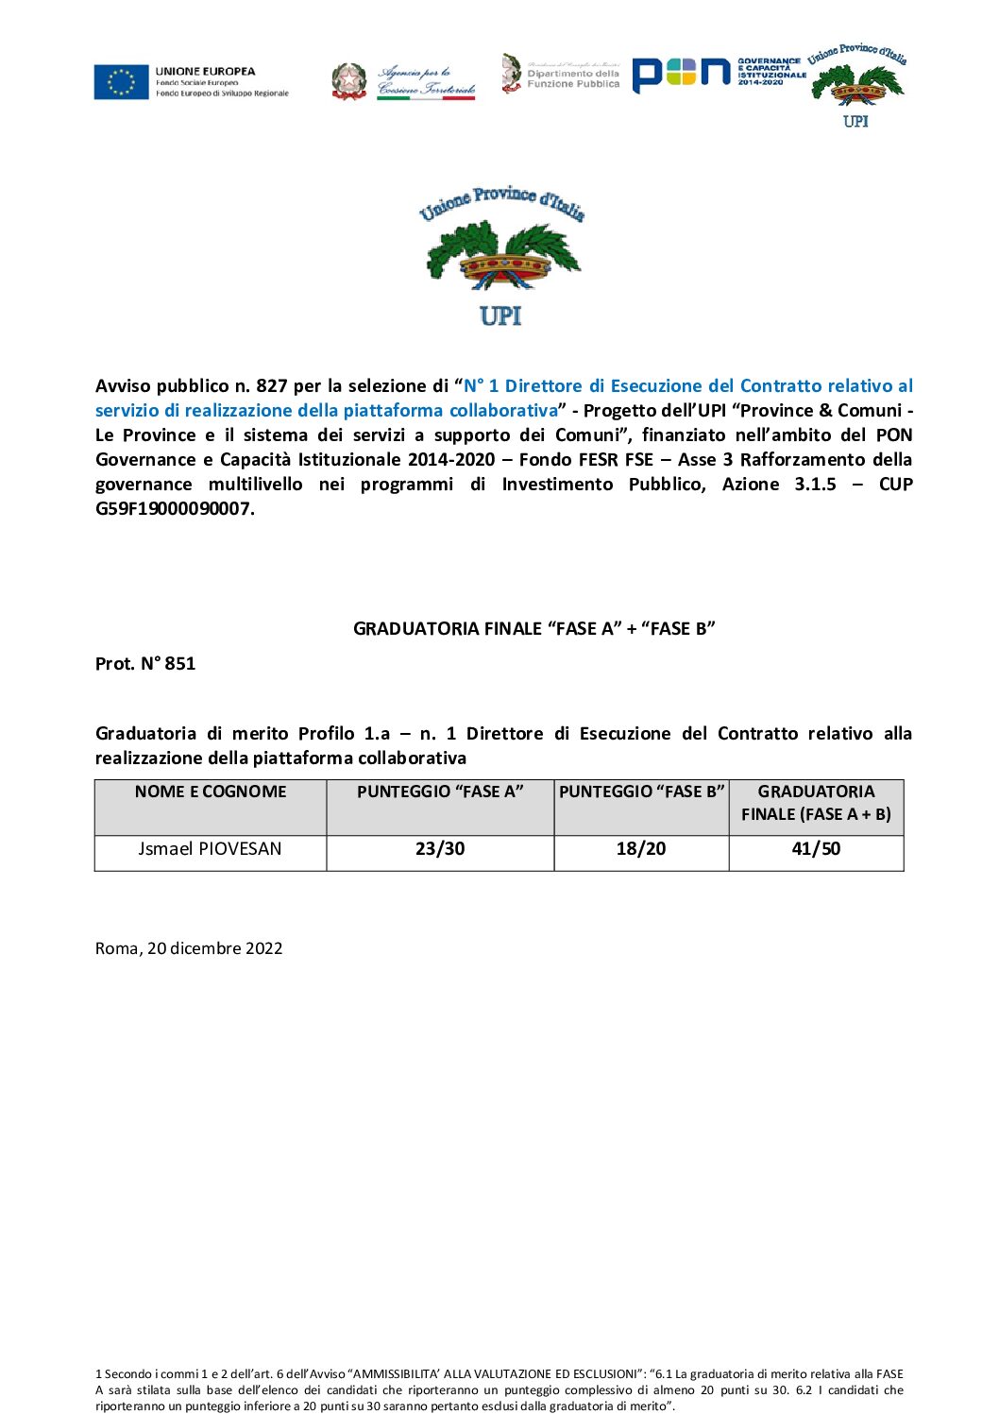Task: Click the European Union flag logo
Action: tap(122, 82)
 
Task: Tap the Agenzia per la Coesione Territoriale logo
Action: tap(404, 81)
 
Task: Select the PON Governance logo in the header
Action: tap(719, 74)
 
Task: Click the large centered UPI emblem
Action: tap(501, 256)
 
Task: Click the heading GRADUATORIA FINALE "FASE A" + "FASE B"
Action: tap(533, 629)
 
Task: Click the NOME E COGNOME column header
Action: tap(211, 792)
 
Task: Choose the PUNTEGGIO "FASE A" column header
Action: tap(440, 792)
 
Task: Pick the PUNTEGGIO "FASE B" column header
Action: tap(641, 792)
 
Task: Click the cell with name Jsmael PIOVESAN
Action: tap(210, 849)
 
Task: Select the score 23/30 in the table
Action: tap(440, 849)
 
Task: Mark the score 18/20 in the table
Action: tap(641, 849)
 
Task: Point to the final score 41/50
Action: tap(816, 849)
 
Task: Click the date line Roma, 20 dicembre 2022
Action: tap(189, 948)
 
